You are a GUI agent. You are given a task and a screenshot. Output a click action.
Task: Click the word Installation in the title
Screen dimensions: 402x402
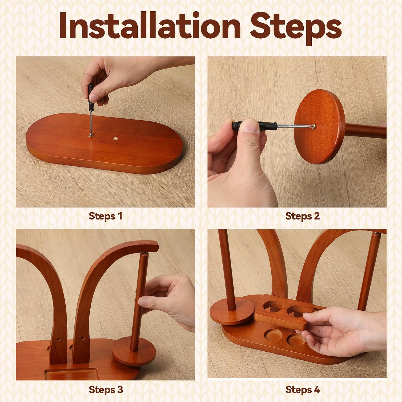click(x=150, y=26)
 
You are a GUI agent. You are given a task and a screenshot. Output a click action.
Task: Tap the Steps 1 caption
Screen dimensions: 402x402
click(x=105, y=216)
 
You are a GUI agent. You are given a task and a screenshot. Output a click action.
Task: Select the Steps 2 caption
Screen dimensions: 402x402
click(x=303, y=216)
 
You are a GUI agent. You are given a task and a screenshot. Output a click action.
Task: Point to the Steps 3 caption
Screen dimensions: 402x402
click(x=106, y=390)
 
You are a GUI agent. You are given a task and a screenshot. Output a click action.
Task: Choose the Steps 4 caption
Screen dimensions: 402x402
click(x=303, y=390)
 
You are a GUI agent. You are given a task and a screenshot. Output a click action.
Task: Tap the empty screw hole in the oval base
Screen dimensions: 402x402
click(x=115, y=139)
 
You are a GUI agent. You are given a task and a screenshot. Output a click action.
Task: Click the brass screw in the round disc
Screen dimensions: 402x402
click(x=314, y=125)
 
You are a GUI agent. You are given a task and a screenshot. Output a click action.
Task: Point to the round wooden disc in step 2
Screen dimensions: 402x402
click(x=319, y=126)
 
